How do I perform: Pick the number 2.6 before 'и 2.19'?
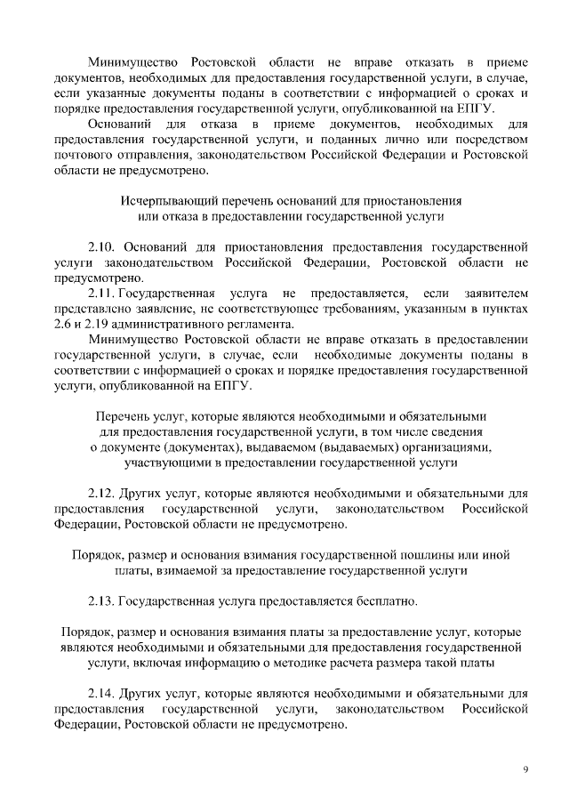64,324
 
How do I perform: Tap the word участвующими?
167,463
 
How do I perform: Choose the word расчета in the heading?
371,663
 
